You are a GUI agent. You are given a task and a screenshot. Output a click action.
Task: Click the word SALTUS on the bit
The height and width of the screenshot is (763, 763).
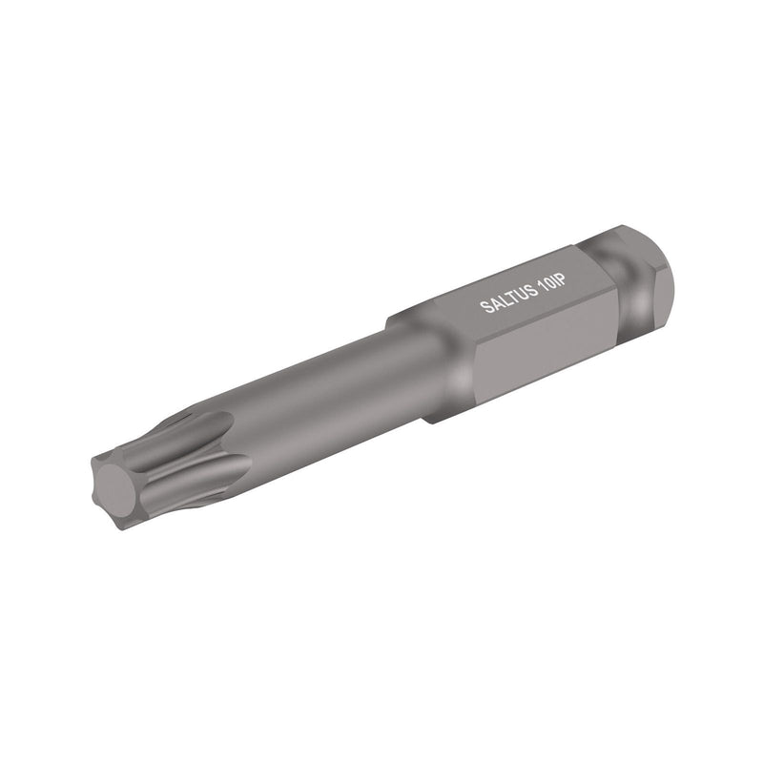507,299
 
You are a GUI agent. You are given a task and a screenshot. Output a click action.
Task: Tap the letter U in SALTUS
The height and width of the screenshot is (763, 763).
519,295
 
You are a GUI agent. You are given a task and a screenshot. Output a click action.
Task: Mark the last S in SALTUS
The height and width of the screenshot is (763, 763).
529,291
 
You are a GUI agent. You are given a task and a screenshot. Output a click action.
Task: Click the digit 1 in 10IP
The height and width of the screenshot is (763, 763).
541,286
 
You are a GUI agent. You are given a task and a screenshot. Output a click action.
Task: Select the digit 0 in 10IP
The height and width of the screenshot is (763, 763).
548,283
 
